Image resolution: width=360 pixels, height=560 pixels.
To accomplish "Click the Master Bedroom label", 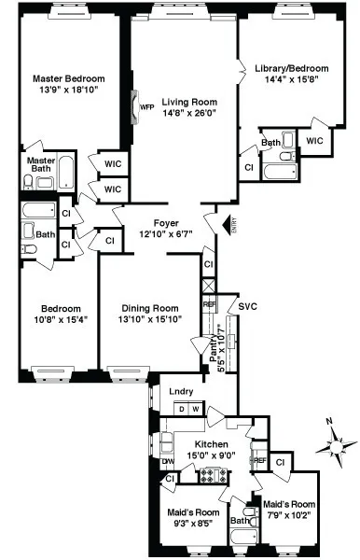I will (69, 78).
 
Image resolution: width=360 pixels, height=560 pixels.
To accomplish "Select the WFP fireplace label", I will (146, 107).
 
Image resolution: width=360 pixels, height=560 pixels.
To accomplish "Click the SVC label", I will (247, 306).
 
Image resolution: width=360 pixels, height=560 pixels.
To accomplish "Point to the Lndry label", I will (180, 391).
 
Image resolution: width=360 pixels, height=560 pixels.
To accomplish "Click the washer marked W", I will (196, 409).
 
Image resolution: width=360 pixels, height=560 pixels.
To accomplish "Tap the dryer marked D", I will (182, 409).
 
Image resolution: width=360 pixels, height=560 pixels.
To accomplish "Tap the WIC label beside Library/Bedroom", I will (314, 141).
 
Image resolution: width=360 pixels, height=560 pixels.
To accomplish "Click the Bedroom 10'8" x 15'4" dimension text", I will (60, 319).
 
